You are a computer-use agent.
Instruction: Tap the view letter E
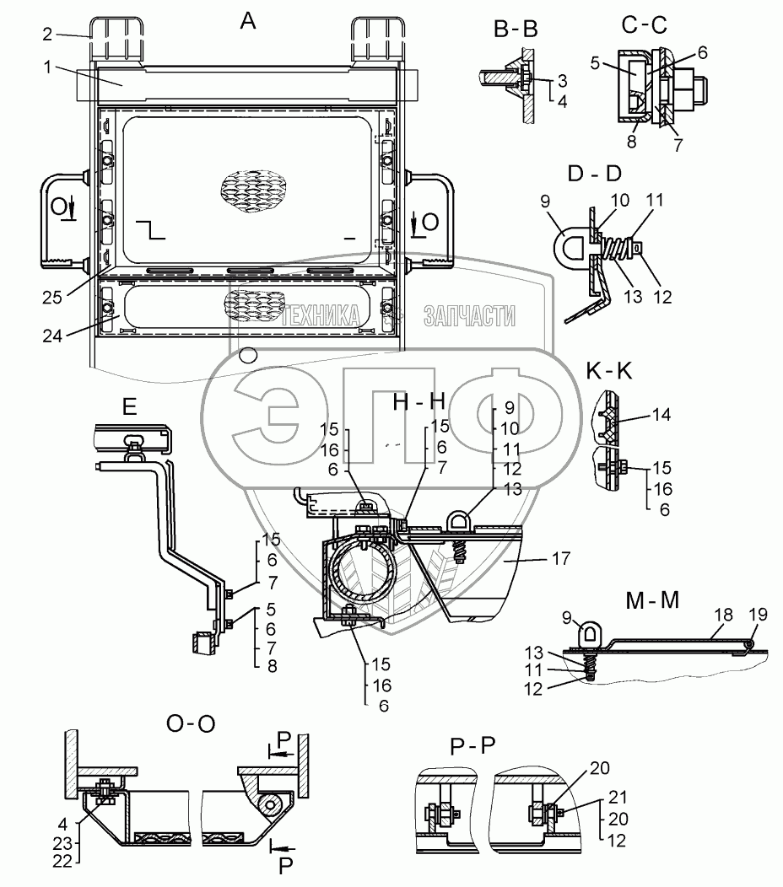pyautogui.click(x=129, y=406)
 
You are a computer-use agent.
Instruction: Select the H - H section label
pyautogui.click(x=419, y=402)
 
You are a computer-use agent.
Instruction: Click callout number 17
pyautogui.click(x=561, y=558)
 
